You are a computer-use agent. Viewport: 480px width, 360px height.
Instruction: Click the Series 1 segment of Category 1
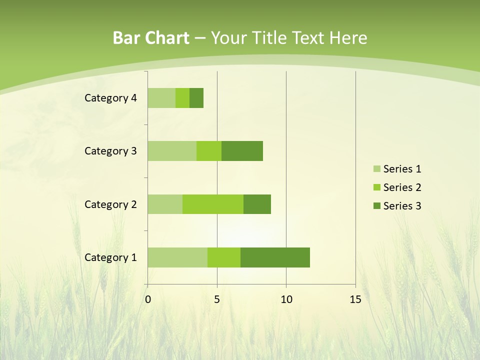coord(177,257)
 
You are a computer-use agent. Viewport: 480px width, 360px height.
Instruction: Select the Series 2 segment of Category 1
coord(224,257)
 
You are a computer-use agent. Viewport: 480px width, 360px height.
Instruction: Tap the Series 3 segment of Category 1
coord(275,257)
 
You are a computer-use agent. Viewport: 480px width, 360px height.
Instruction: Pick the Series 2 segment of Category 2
coord(213,204)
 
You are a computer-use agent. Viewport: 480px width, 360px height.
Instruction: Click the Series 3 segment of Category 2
coord(257,204)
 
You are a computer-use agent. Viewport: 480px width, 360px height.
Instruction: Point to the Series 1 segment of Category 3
coord(172,151)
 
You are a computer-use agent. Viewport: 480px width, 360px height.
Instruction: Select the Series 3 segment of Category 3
coord(242,151)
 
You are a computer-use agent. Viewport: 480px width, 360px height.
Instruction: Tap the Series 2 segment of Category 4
coord(182,98)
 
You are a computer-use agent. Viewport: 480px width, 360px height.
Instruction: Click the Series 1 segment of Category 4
coord(161,98)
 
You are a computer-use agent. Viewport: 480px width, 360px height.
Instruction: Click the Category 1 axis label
coord(110,257)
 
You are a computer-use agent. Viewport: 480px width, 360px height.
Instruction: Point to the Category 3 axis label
coord(110,151)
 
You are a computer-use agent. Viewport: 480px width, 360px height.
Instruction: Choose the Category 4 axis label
coord(110,98)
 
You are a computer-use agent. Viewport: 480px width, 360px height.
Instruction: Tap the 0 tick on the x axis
coord(147,299)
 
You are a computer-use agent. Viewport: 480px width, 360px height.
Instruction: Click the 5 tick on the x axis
coord(217,299)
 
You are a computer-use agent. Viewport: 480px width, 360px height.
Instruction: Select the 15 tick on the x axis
coord(355,299)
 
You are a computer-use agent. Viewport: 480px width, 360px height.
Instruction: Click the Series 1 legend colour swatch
coord(376,169)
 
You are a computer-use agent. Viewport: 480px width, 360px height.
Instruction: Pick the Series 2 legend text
coord(402,187)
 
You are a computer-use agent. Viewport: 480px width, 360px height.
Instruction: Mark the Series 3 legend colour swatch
coord(376,206)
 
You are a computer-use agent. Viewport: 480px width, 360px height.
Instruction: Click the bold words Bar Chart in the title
coord(151,38)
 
